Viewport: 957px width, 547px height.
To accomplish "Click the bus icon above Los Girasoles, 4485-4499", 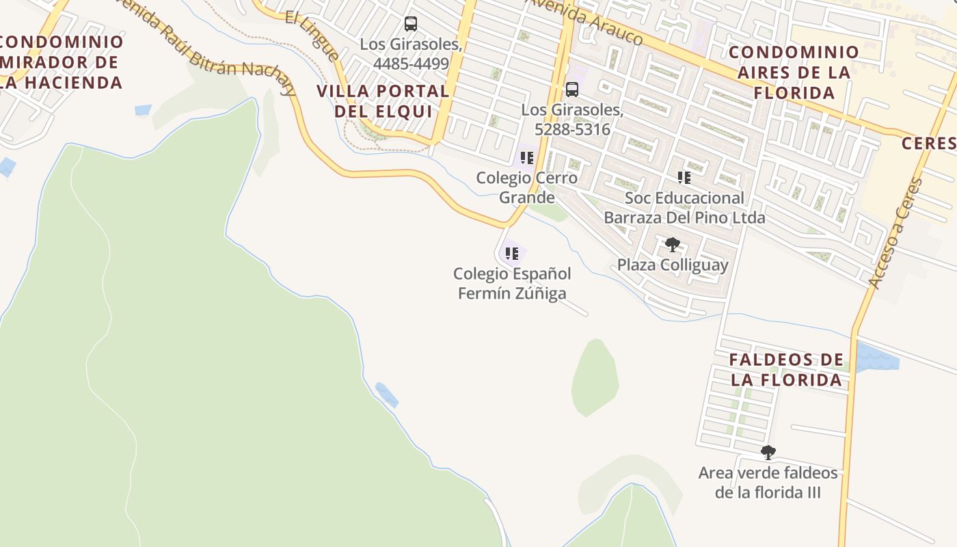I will pos(410,24).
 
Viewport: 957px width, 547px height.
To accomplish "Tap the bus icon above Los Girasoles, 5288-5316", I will pos(571,89).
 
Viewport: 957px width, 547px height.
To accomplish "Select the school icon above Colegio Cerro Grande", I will pos(526,158).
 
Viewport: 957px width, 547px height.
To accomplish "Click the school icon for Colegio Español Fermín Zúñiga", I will pos(511,254).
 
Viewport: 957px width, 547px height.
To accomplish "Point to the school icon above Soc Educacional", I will pos(684,178).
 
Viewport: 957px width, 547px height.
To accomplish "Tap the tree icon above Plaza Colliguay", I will pos(673,244).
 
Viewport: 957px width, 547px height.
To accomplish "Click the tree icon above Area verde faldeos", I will pos(768,452).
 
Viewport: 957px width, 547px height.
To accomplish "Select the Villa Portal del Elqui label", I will pos(383,101).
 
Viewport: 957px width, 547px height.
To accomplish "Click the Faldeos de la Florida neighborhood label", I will pos(786,370).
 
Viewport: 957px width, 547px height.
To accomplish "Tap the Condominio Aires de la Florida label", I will pos(794,72).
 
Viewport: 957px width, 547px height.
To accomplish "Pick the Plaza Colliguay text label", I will pos(673,265).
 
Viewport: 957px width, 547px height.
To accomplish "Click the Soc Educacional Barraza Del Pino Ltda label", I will pos(684,208).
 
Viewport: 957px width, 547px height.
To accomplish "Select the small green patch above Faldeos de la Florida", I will pos(595,377).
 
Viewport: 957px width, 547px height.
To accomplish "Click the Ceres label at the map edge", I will pos(928,143).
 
